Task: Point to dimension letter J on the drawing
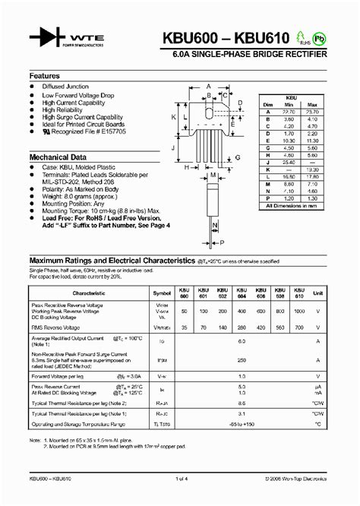coord(174,149)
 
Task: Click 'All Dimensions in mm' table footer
coord(289,205)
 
